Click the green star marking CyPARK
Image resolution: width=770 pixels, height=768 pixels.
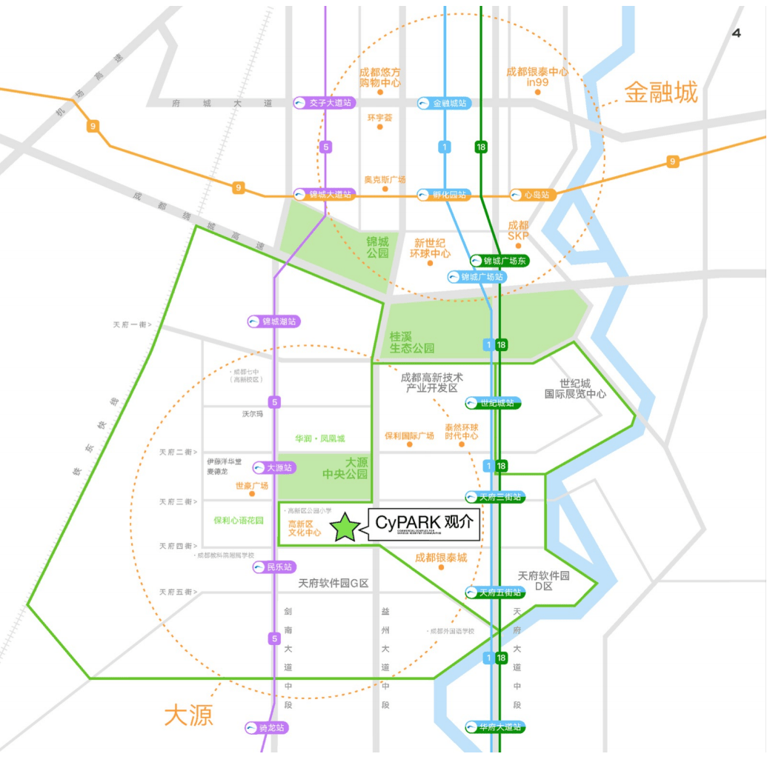coord(345,527)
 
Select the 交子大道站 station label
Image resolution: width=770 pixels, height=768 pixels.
coord(324,103)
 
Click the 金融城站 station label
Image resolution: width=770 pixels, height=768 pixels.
coord(444,104)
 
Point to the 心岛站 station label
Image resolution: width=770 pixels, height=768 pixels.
coord(531,195)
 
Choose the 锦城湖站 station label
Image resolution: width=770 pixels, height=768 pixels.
coord(275,322)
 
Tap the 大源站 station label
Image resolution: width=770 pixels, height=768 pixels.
coord(274,467)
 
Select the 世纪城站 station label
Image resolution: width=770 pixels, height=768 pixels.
coord(494,403)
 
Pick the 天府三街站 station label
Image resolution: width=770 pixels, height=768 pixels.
coord(495,496)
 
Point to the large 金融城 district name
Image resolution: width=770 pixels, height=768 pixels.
coord(661,93)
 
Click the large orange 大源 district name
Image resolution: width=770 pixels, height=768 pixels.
coord(188,715)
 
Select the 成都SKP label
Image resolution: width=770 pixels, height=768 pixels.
coord(519,230)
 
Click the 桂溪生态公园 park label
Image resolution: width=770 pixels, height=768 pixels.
coord(411,342)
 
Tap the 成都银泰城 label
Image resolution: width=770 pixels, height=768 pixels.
coord(441,557)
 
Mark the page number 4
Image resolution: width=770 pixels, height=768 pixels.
coord(736,33)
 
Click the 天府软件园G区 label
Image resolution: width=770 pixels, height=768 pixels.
coord(333,584)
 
